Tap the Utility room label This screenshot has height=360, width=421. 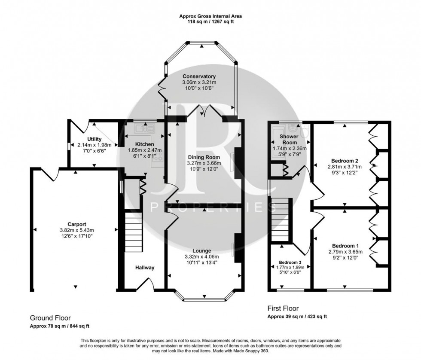[x=94, y=139]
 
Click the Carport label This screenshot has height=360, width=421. [x=76, y=224]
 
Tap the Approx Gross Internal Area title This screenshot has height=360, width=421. [x=210, y=16]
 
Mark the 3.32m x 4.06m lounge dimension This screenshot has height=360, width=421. [x=202, y=257]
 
